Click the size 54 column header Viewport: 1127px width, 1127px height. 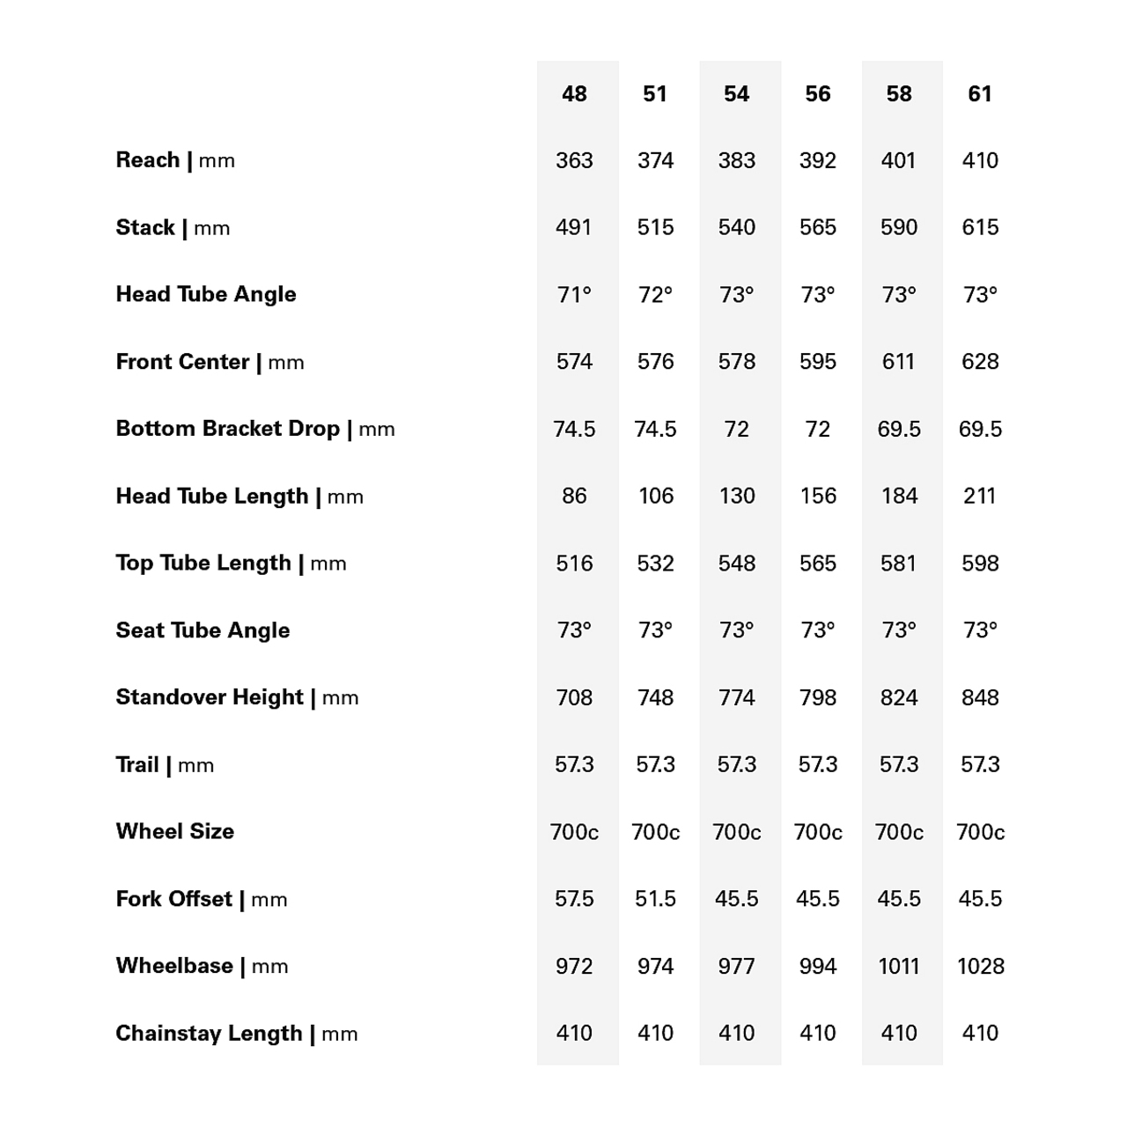(x=736, y=93)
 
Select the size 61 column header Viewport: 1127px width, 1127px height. (x=980, y=93)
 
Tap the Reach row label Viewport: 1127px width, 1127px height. (x=175, y=160)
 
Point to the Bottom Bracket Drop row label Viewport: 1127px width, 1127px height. (x=255, y=429)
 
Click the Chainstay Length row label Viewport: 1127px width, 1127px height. (x=237, y=1033)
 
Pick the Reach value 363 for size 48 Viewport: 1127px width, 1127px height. (x=574, y=160)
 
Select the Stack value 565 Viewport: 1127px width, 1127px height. (x=818, y=227)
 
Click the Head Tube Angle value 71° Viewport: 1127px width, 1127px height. (x=574, y=294)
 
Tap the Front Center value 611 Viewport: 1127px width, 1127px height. (x=899, y=361)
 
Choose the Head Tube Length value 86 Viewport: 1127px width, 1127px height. (x=574, y=496)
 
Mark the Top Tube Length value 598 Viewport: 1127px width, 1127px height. (x=980, y=563)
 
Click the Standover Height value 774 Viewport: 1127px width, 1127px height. (x=736, y=697)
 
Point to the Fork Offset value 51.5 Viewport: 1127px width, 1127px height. (x=656, y=898)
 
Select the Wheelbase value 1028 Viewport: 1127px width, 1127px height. (x=980, y=966)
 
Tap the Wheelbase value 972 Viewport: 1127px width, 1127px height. (x=574, y=966)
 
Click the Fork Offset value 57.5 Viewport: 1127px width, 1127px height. (x=574, y=898)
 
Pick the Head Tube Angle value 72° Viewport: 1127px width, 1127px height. (x=656, y=294)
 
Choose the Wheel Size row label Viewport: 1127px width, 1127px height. (x=175, y=831)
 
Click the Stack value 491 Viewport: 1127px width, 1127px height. (x=574, y=227)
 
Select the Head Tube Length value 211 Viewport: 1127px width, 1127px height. (x=980, y=496)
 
